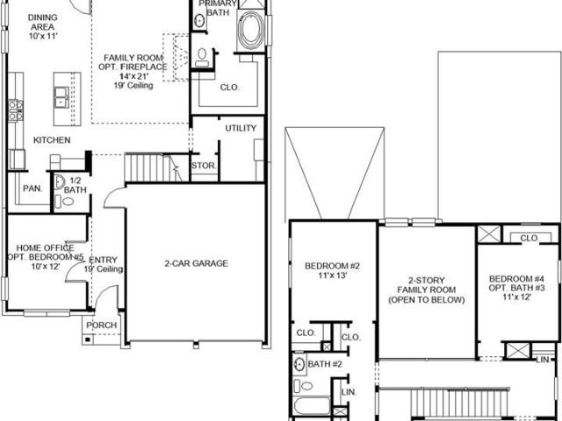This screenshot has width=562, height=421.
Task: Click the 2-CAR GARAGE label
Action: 196,263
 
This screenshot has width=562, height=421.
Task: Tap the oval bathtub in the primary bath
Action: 252,31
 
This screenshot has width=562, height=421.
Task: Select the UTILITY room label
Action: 241,128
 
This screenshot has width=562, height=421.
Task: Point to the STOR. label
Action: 204,166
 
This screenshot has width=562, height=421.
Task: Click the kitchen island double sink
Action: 61,97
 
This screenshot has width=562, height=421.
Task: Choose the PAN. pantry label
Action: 32,189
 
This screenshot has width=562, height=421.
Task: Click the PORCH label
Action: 102,325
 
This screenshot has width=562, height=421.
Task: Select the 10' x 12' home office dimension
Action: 46,267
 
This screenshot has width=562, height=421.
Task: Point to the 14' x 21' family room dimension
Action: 133,76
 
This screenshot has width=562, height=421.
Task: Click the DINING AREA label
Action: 43,22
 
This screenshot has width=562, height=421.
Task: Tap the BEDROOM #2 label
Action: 332,266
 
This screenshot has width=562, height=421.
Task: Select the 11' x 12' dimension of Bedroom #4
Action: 516,296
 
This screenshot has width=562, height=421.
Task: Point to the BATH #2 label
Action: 325,364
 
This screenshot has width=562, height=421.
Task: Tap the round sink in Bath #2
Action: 299,365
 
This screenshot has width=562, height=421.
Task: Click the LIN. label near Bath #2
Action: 349,392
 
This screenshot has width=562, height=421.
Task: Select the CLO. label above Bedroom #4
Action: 529,238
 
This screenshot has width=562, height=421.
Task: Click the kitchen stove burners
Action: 16,111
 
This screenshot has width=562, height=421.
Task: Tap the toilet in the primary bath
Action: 202,58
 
